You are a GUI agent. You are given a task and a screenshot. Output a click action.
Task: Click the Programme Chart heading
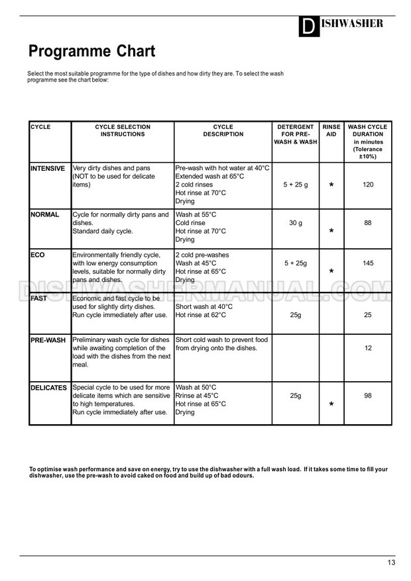click(91, 52)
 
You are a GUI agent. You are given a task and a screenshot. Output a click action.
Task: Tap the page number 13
click(391, 562)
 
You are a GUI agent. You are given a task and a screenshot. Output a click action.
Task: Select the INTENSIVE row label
click(48, 169)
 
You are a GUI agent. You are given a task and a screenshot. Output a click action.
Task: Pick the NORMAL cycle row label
click(45, 215)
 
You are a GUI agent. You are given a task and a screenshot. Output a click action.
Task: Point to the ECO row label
click(38, 255)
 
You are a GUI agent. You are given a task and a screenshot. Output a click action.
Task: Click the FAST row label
click(39, 298)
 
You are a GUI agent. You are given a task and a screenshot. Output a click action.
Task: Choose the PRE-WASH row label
click(48, 340)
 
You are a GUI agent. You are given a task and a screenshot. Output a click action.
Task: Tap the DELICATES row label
click(49, 388)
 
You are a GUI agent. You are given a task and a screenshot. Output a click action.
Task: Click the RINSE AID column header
click(331, 130)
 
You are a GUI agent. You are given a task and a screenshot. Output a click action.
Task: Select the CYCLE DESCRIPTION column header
click(223, 130)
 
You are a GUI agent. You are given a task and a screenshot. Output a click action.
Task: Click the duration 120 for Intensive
click(369, 185)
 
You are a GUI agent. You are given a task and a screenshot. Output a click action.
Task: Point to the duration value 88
click(368, 223)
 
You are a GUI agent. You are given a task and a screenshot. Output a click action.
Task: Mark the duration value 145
click(369, 263)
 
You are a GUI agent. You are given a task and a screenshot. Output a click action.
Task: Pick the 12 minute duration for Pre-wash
click(368, 347)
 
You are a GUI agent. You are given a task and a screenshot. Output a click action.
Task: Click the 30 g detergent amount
click(296, 223)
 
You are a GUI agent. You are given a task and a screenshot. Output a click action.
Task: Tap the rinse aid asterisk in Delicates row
click(331, 404)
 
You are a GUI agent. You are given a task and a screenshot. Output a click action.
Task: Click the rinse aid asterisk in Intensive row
click(331, 186)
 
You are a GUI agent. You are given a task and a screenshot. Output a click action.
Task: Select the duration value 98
click(368, 396)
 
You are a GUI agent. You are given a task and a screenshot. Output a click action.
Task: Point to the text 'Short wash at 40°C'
click(204, 306)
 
